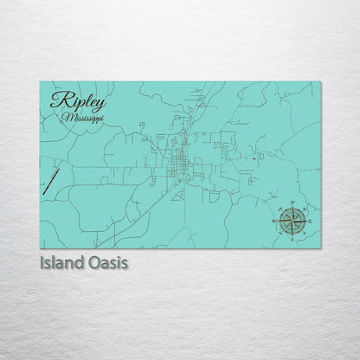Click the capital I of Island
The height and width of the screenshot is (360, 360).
coord(42,262)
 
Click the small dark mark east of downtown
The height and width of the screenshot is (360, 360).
coord(253,158)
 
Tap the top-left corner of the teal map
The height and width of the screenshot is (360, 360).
coord(40,82)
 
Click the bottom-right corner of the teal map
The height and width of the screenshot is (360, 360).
coord(320,248)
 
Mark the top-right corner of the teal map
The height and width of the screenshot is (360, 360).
coord(320,82)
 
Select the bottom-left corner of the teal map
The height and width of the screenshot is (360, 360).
coord(40,248)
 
